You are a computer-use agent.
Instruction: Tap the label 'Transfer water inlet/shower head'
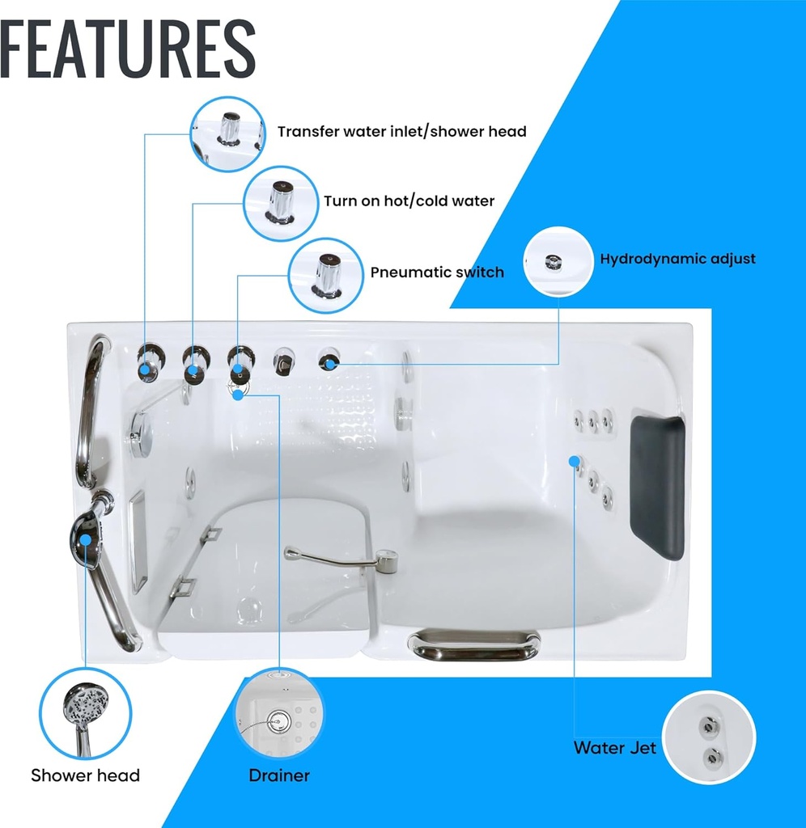coord(402,132)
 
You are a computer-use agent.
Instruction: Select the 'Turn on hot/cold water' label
coord(409,201)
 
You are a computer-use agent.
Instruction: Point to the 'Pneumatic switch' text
coord(437,272)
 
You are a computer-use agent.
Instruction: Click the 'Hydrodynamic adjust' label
coord(677,259)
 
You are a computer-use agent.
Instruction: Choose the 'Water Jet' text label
coord(615,748)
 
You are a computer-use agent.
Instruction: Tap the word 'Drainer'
coord(279,775)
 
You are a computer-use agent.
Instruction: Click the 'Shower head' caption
coord(85,775)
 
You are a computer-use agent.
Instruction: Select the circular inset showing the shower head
coord(85,713)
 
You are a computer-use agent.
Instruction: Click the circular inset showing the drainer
coord(279,714)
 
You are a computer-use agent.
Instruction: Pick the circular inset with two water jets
coord(709,737)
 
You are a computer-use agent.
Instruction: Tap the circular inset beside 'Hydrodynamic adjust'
coord(558,261)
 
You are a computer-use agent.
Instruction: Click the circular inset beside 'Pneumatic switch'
coord(326,275)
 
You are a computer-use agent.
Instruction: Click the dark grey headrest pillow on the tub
coord(657,486)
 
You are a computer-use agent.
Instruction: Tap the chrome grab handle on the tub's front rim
coord(473,644)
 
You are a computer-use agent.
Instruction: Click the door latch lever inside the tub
coord(341,560)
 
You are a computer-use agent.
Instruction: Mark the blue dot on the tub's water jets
coord(574,462)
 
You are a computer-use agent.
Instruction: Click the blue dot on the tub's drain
coord(238,394)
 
